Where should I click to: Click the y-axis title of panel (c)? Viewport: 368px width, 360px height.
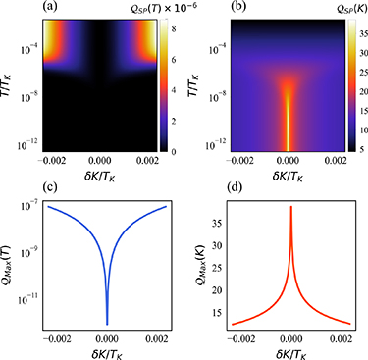tap(8, 265)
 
